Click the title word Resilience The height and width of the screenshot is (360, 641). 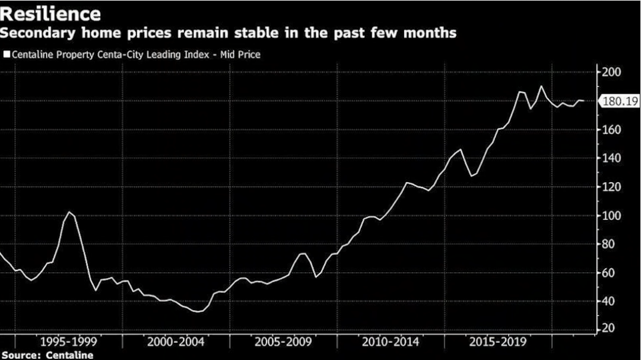coord(50,13)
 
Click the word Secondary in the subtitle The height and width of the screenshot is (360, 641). coord(36,33)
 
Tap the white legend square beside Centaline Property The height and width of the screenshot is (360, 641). coord(7,55)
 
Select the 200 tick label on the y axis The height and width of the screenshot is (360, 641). coord(612,72)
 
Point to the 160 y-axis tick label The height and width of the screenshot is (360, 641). coord(612,130)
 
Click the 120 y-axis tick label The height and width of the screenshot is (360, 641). coord(612,187)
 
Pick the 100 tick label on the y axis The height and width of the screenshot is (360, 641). coord(612,215)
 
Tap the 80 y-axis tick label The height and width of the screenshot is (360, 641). coord(610,244)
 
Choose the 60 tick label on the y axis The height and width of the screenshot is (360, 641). coord(610,273)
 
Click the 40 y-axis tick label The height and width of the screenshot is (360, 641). coord(610,301)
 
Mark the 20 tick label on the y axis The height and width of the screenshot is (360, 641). coord(610,329)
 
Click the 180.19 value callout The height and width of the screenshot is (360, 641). coord(620,101)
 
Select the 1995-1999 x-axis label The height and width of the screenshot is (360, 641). coord(68,342)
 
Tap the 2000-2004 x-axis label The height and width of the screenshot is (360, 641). coord(176,342)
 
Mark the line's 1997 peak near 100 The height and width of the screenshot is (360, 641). coord(69,212)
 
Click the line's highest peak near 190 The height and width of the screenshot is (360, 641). coord(541,87)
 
